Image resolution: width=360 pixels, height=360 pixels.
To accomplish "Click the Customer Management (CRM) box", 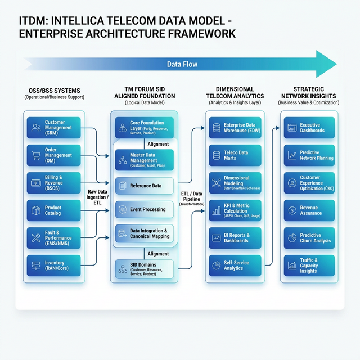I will tap(54, 128).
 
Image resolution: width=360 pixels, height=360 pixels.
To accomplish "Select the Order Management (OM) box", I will tap(54, 155).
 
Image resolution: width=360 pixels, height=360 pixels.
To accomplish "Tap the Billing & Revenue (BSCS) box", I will tap(54, 183).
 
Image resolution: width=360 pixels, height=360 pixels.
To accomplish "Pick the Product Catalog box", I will tap(54, 210).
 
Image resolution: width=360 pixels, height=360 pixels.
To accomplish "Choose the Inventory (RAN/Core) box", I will tap(54, 264).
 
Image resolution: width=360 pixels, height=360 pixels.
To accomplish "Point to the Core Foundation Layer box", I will tap(145, 128).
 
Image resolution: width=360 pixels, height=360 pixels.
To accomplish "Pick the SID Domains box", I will tap(145, 268).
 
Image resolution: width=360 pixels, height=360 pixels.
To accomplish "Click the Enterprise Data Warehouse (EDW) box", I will tap(235, 128).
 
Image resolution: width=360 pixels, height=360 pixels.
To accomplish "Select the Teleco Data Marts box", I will tap(235, 155).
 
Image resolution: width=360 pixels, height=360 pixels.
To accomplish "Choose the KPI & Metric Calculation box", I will tap(235, 210).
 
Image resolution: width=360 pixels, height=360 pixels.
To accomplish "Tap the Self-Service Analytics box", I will tap(235, 265).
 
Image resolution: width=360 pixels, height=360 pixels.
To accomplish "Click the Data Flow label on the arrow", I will tap(182, 65).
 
